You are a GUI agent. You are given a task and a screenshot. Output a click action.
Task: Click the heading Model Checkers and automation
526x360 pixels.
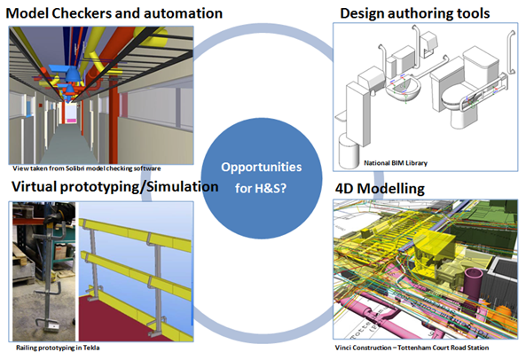114,13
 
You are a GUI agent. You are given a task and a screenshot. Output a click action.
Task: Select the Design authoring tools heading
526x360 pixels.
414,13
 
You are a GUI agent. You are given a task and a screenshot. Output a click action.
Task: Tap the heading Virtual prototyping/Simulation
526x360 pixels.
115,187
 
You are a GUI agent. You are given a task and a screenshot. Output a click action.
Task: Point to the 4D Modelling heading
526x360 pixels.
380,189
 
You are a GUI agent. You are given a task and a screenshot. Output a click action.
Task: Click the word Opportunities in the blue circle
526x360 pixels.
262,168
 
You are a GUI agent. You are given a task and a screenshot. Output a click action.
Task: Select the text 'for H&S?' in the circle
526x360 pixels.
261,188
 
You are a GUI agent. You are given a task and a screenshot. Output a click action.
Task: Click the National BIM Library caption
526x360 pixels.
396,163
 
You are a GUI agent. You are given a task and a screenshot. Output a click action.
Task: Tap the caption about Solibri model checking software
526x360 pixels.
87,168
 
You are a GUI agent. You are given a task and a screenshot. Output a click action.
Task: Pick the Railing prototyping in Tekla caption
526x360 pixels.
58,348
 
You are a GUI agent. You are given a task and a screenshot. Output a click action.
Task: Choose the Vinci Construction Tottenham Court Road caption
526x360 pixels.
412,348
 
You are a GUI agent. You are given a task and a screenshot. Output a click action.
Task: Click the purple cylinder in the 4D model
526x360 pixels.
473,281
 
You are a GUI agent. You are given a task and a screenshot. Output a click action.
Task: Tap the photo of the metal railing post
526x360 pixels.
44,271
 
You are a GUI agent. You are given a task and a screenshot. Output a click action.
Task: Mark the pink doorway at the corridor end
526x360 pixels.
71,114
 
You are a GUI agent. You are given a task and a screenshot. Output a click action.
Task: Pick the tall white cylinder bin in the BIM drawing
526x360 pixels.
349,152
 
